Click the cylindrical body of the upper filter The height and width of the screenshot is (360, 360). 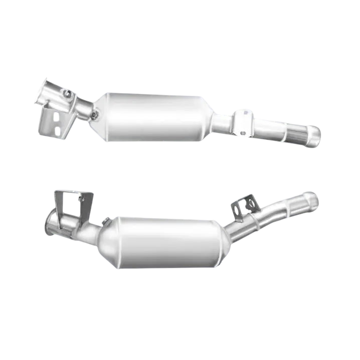pyautogui.click(x=155, y=116)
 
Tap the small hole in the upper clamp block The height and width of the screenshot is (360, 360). pyautogui.click(x=243, y=133)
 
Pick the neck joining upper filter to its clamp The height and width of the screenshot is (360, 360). pyautogui.click(x=221, y=122)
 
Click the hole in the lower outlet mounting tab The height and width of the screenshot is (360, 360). pyautogui.click(x=248, y=204)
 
